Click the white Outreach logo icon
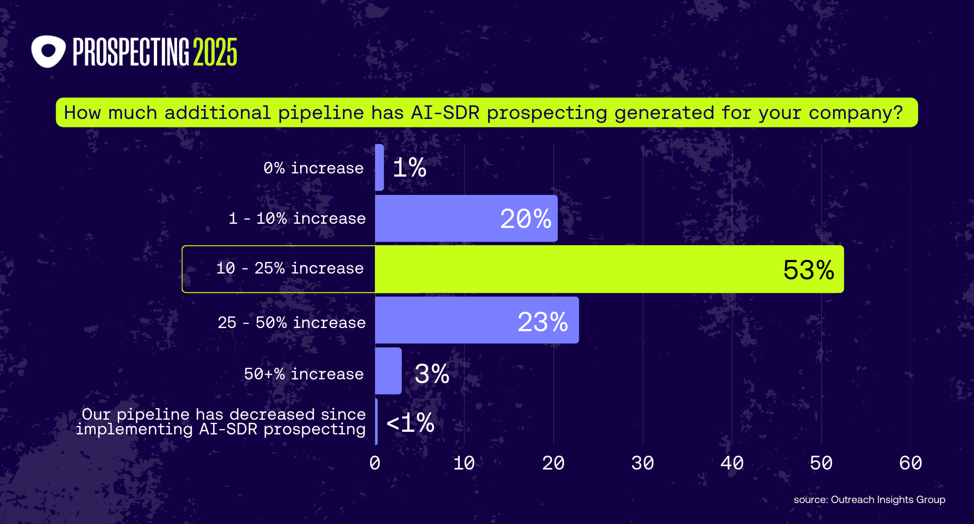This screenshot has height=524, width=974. (48, 51)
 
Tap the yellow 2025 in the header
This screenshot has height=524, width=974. (215, 52)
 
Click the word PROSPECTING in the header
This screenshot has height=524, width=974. (130, 52)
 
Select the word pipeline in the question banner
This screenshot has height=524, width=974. (320, 113)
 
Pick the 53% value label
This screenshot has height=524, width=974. (808, 270)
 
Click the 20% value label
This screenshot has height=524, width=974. (525, 219)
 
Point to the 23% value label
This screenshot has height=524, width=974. (543, 322)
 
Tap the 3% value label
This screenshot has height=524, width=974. (431, 374)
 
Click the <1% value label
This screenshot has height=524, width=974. (410, 422)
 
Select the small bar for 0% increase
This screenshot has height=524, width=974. (379, 168)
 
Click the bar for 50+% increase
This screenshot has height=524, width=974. (388, 371)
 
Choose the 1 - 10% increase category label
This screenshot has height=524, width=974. (297, 219)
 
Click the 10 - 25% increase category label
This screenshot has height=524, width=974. (290, 268)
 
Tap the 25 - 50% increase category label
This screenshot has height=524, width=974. (292, 322)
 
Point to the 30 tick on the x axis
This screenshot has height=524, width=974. (643, 463)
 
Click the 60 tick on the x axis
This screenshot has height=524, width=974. (910, 463)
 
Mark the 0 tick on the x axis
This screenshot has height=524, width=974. (375, 463)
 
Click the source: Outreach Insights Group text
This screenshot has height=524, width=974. (869, 500)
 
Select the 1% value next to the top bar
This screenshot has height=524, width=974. (409, 168)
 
